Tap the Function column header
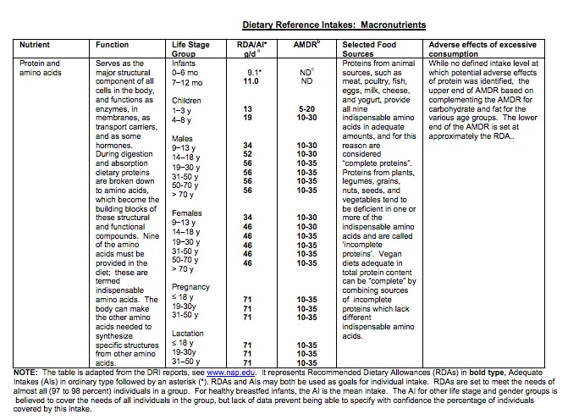click(x=112, y=45)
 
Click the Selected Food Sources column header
click(x=370, y=49)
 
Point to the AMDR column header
click(x=306, y=45)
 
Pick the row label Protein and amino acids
click(x=40, y=68)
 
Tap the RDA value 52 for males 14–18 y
click(x=247, y=154)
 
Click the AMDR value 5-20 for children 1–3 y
click(x=306, y=109)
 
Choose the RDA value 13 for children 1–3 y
click(x=247, y=109)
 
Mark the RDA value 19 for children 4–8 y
click(x=247, y=119)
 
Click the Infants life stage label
click(x=184, y=64)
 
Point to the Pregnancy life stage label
click(x=190, y=287)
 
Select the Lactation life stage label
click(x=188, y=334)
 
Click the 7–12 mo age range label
click(x=188, y=82)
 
